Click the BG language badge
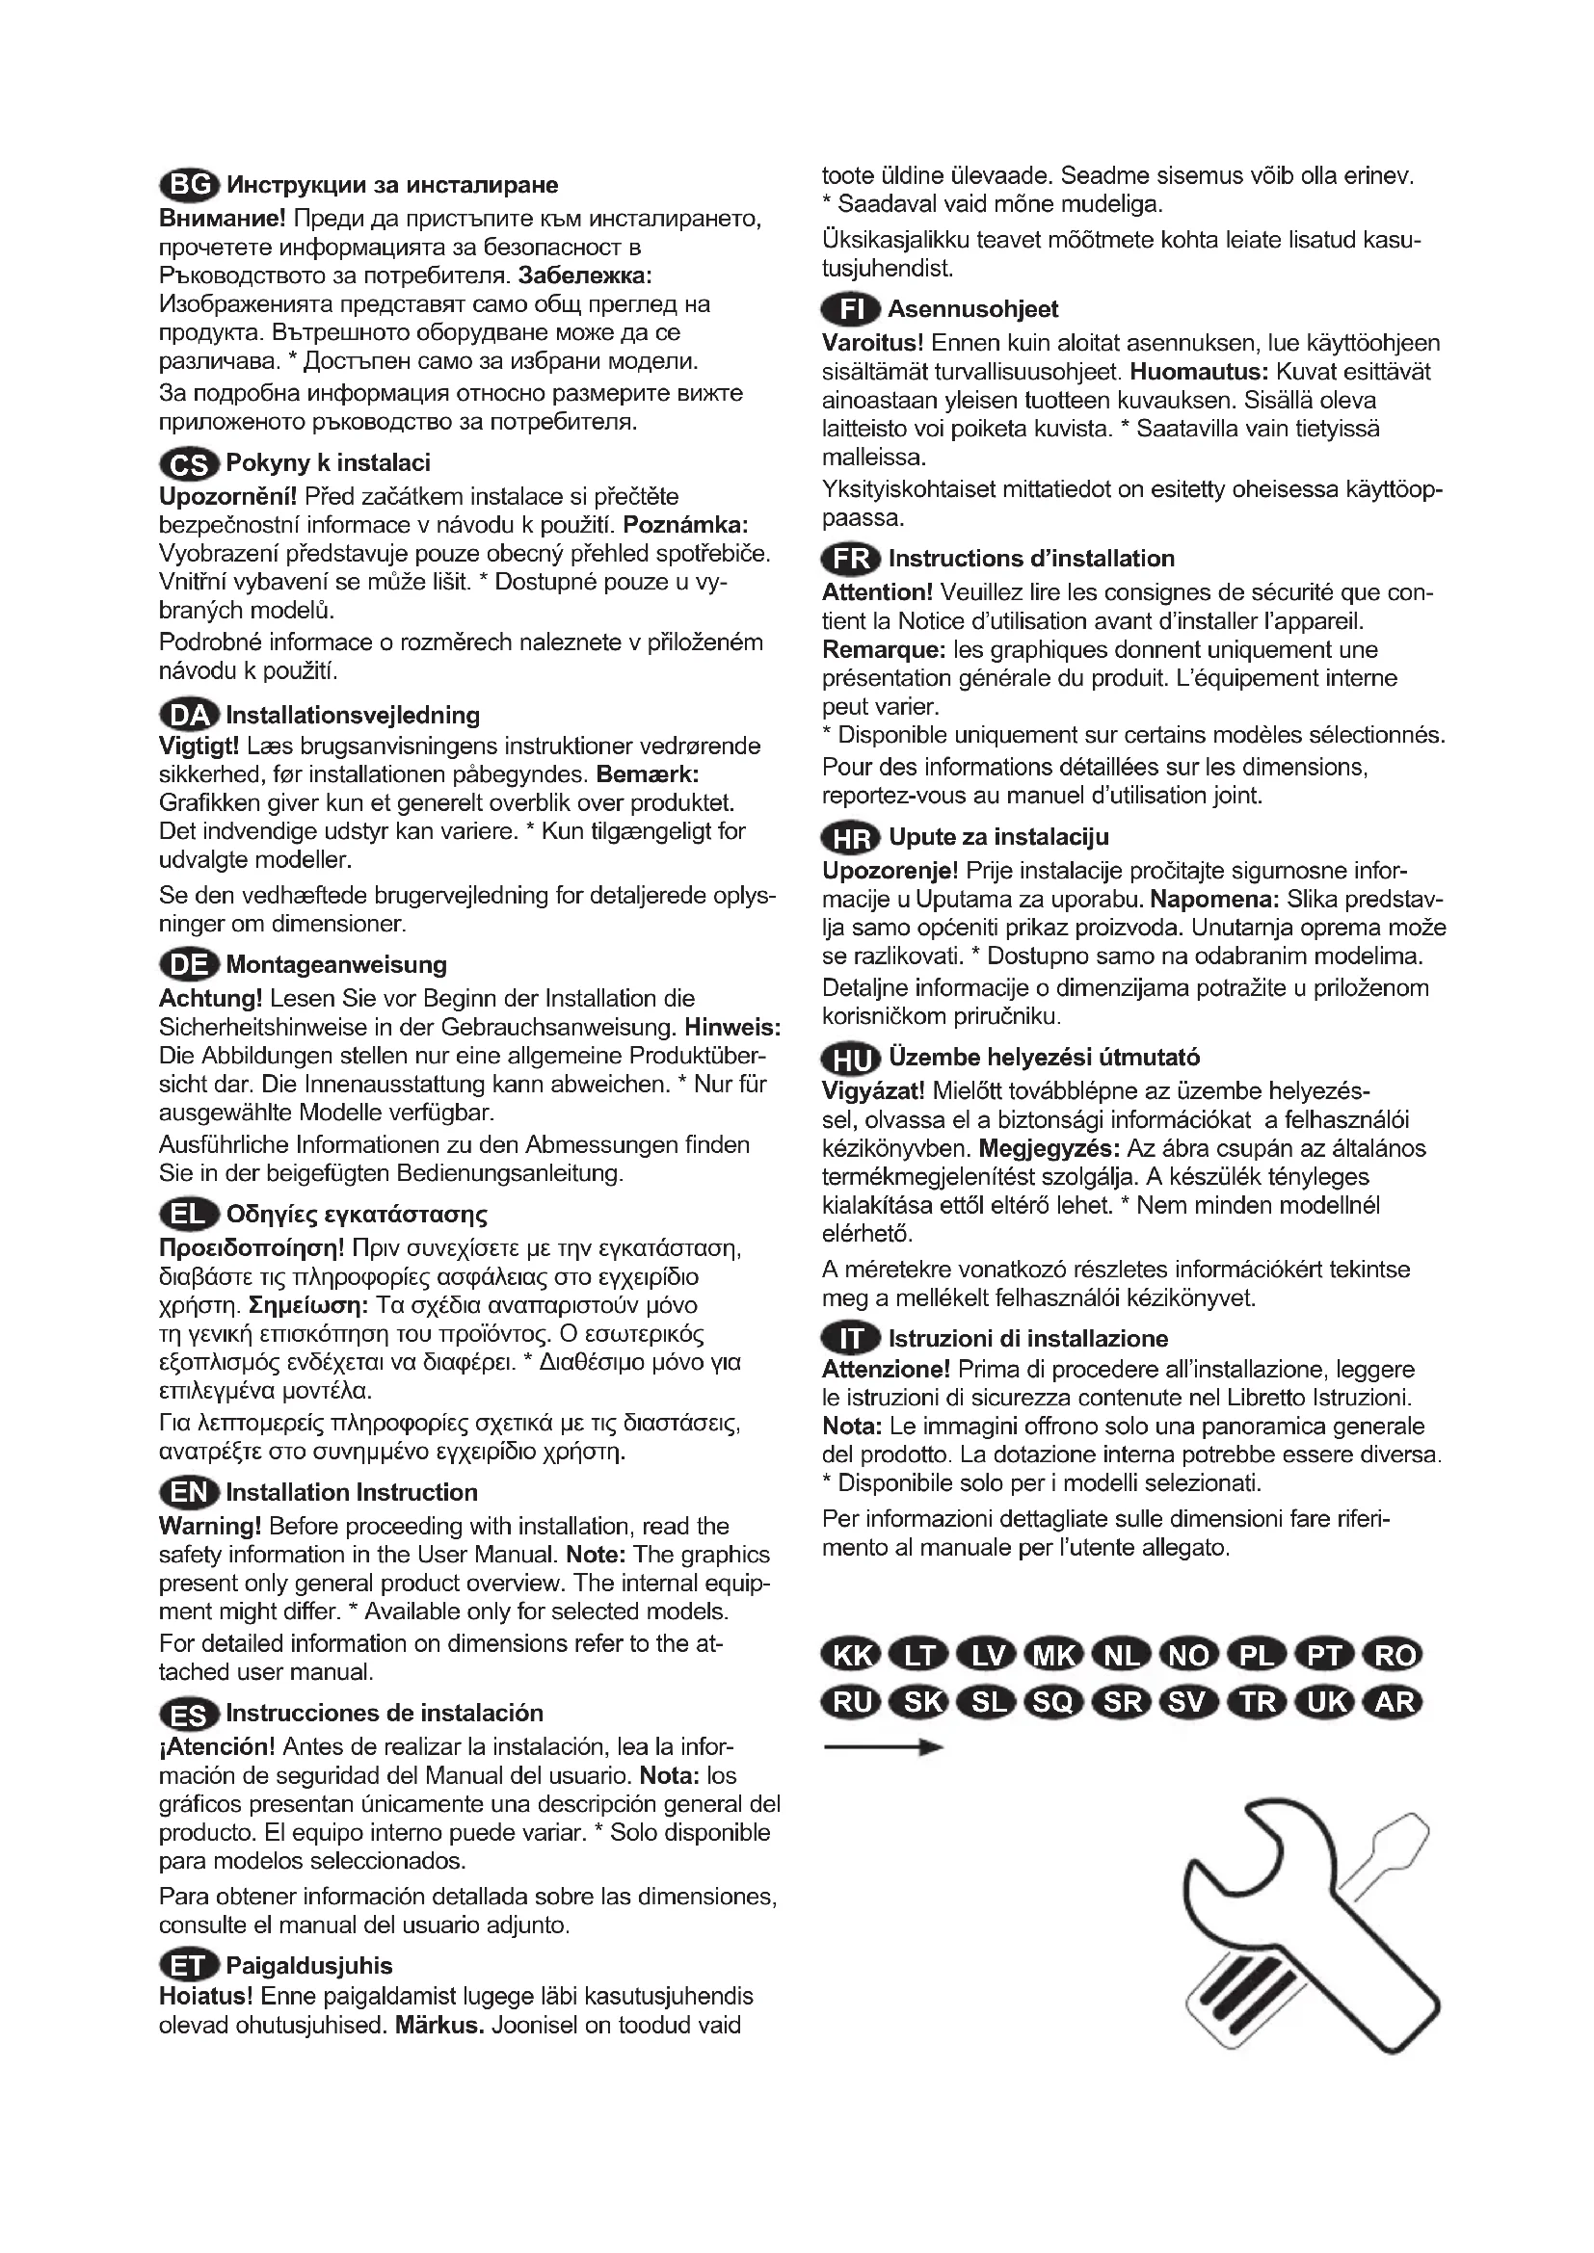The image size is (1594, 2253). [x=189, y=185]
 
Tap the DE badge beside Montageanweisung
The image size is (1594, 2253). [x=189, y=964]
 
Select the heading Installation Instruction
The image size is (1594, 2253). [x=352, y=1492]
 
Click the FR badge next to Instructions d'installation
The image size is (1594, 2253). [x=851, y=559]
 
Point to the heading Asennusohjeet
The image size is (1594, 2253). [x=972, y=309]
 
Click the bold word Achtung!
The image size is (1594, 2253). [x=210, y=999]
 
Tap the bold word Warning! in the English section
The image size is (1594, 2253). [x=210, y=1527]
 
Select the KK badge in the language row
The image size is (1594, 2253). [x=851, y=1656]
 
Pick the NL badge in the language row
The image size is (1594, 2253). [x=1122, y=1656]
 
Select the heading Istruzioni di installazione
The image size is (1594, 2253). [x=1027, y=1339]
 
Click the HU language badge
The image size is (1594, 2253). [x=851, y=1059]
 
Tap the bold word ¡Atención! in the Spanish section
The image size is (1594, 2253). [x=217, y=1746]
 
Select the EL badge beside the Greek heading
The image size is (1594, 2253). [x=189, y=1215]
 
